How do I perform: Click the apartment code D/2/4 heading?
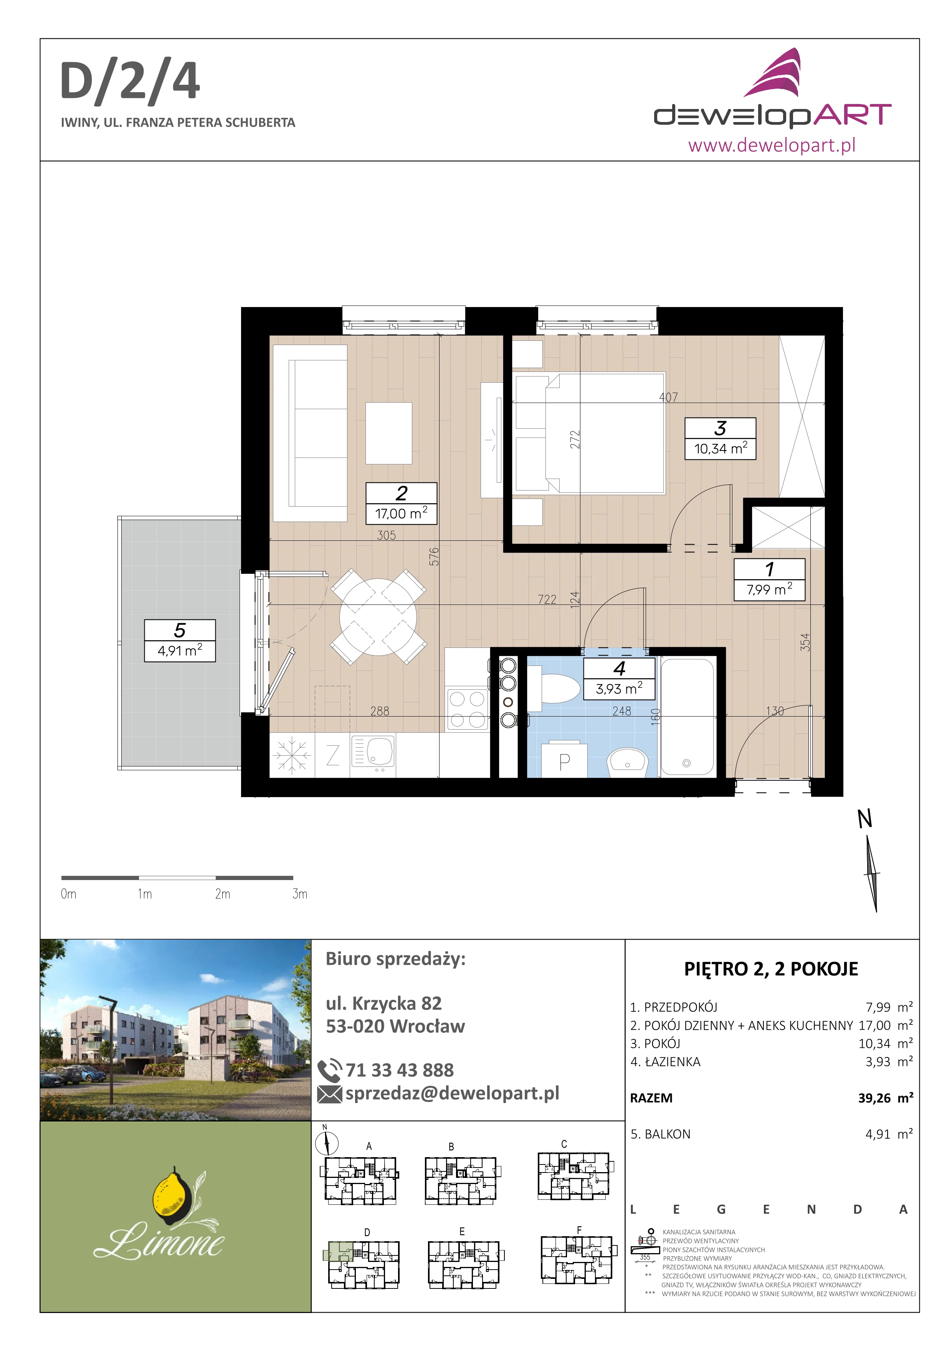(x=130, y=83)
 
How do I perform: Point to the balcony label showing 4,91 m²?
(x=180, y=641)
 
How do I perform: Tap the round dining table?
(x=378, y=617)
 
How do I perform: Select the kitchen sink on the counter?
(x=373, y=752)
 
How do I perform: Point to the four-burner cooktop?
(x=467, y=709)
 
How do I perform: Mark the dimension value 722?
(x=547, y=599)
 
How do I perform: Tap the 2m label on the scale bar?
(x=223, y=894)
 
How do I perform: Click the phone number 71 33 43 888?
(x=400, y=1070)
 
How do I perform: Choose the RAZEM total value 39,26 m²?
(x=886, y=1098)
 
